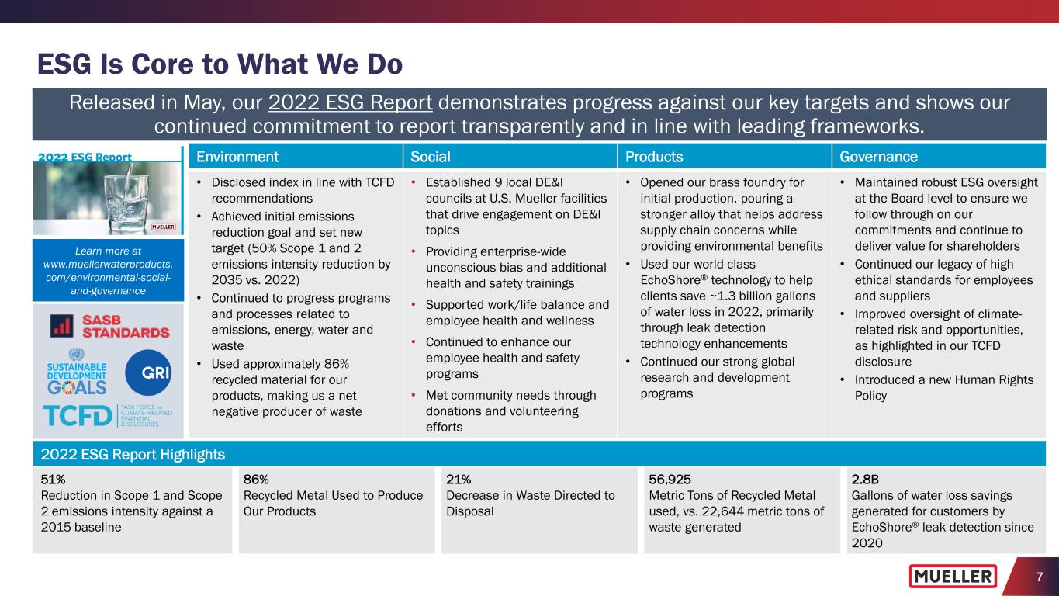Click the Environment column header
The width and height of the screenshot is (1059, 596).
click(x=237, y=157)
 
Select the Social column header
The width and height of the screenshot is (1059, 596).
click(x=431, y=157)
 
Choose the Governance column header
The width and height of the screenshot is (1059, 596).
click(x=878, y=157)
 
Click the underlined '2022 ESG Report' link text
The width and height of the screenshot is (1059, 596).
click(x=350, y=104)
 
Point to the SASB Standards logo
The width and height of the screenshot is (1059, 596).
click(x=109, y=327)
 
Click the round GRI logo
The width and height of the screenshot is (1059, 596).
click(x=147, y=370)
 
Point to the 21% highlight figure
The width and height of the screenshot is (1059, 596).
click(x=459, y=479)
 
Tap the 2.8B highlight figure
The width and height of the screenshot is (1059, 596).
click(x=865, y=479)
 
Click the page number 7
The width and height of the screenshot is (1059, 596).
click(x=1038, y=577)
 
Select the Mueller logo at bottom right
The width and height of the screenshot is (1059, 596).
click(x=953, y=577)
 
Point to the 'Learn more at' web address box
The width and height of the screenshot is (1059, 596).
click(x=109, y=270)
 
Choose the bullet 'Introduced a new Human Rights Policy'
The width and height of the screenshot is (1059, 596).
click(x=943, y=386)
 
